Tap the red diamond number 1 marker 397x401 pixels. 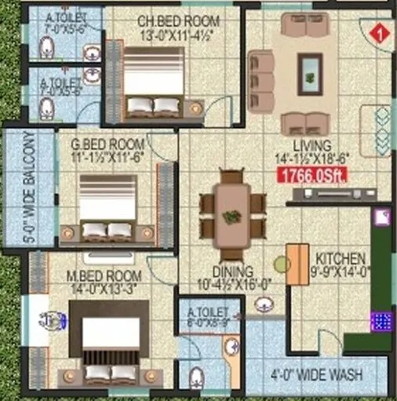380,34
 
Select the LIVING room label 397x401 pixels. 312,146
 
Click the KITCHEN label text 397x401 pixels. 339,259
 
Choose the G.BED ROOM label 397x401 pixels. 107,144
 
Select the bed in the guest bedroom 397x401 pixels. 107,206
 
